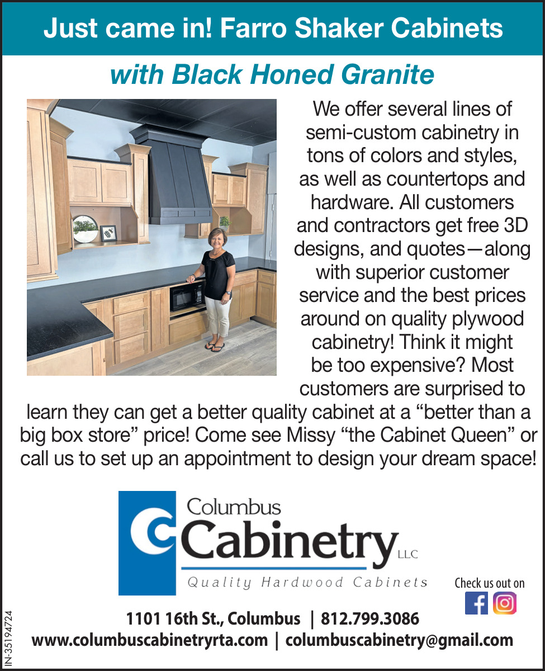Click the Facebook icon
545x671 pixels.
click(476, 603)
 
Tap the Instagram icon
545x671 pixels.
click(504, 603)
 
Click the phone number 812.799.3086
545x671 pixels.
click(370, 618)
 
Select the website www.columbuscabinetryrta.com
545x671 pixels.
click(150, 640)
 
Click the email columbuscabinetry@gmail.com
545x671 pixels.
click(399, 640)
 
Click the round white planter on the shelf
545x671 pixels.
click(85, 229)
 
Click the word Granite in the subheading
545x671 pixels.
click(387, 75)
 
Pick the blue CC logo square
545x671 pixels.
click(147, 543)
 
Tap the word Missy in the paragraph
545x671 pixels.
click(311, 436)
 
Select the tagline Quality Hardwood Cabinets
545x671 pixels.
click(307, 583)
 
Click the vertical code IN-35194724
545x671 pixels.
click(8, 638)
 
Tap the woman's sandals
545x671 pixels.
click(215, 346)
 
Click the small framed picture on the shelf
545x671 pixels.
click(108, 233)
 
